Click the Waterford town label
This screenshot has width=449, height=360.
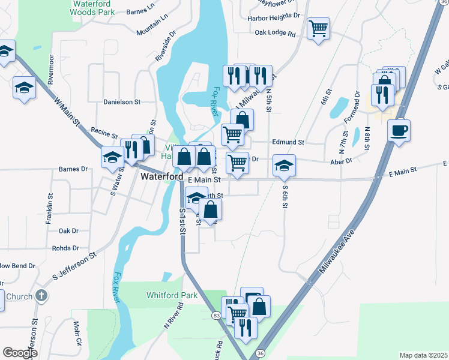tap(162, 178)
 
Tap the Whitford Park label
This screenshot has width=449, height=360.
tap(172, 296)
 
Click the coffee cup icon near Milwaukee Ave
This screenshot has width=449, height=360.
tap(398, 131)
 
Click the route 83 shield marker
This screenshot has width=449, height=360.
tap(215, 315)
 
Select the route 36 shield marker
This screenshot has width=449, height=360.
tap(259, 355)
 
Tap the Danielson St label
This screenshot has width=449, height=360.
tap(121, 102)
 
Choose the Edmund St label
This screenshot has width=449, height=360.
tap(289, 142)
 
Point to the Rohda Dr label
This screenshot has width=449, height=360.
tap(65, 248)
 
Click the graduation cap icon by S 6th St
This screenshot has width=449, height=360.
tap(285, 166)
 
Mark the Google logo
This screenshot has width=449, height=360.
tap(20, 353)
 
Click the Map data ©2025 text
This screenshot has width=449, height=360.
tap(423, 355)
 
